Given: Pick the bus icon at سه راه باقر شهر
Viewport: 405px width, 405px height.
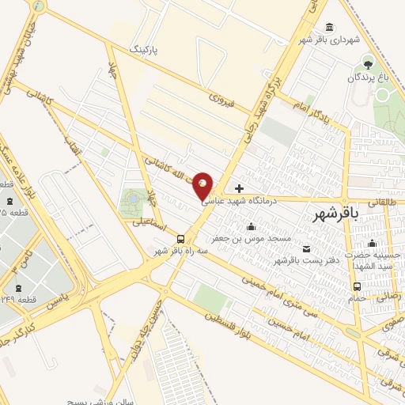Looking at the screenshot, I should [181, 239].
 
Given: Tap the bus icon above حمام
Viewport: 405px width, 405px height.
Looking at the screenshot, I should [358, 287].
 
